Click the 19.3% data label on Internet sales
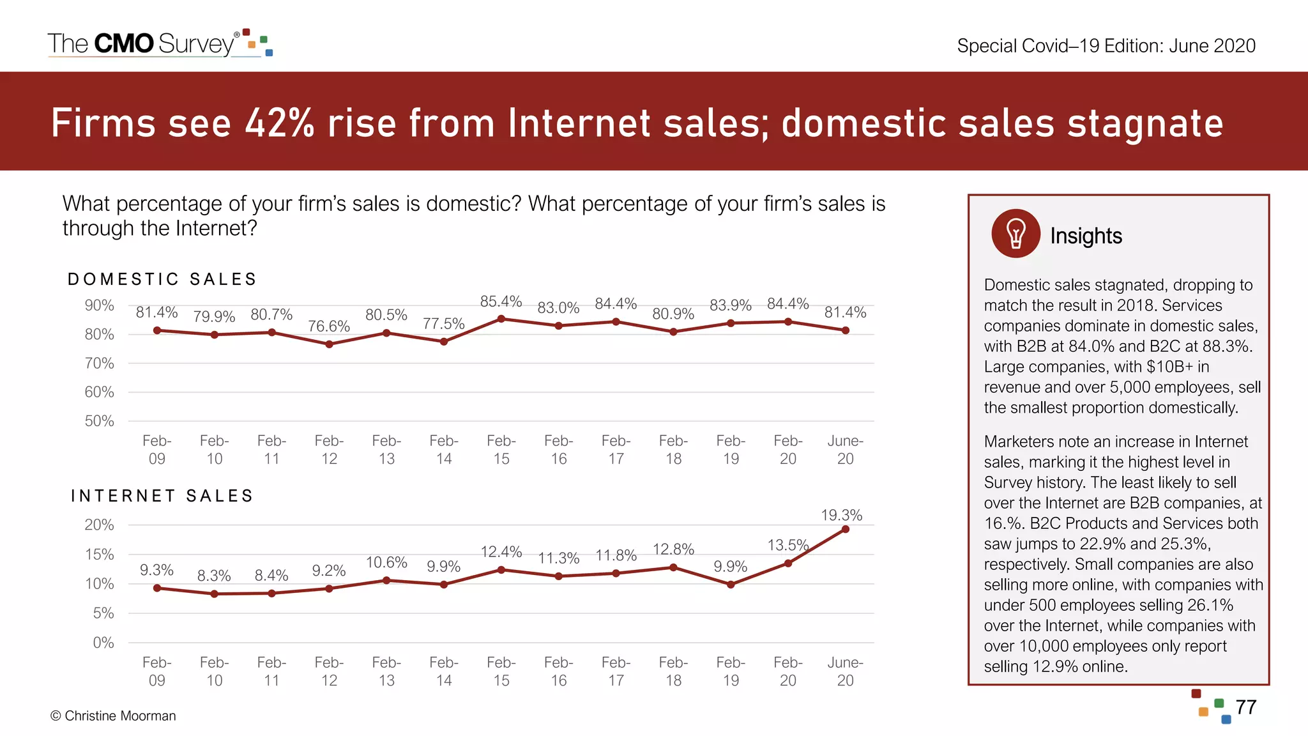click(x=841, y=515)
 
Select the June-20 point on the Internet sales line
click(x=845, y=529)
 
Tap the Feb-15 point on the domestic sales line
click(x=501, y=319)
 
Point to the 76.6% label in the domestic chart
click(x=329, y=326)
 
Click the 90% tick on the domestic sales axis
click(x=100, y=305)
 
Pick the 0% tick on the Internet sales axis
click(x=103, y=643)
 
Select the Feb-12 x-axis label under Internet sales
click(x=329, y=671)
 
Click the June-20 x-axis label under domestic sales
click(x=845, y=449)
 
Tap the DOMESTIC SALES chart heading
click(x=162, y=279)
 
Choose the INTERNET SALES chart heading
click(x=162, y=496)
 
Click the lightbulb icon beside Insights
click(x=1015, y=234)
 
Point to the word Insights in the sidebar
click(x=1086, y=236)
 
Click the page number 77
click(x=1245, y=707)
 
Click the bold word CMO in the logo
click(x=124, y=43)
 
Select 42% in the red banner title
click(x=280, y=123)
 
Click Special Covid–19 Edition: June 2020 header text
click(x=1106, y=46)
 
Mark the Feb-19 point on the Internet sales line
click(x=731, y=585)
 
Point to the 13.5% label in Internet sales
click(x=787, y=545)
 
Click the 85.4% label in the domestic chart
click(x=501, y=301)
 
